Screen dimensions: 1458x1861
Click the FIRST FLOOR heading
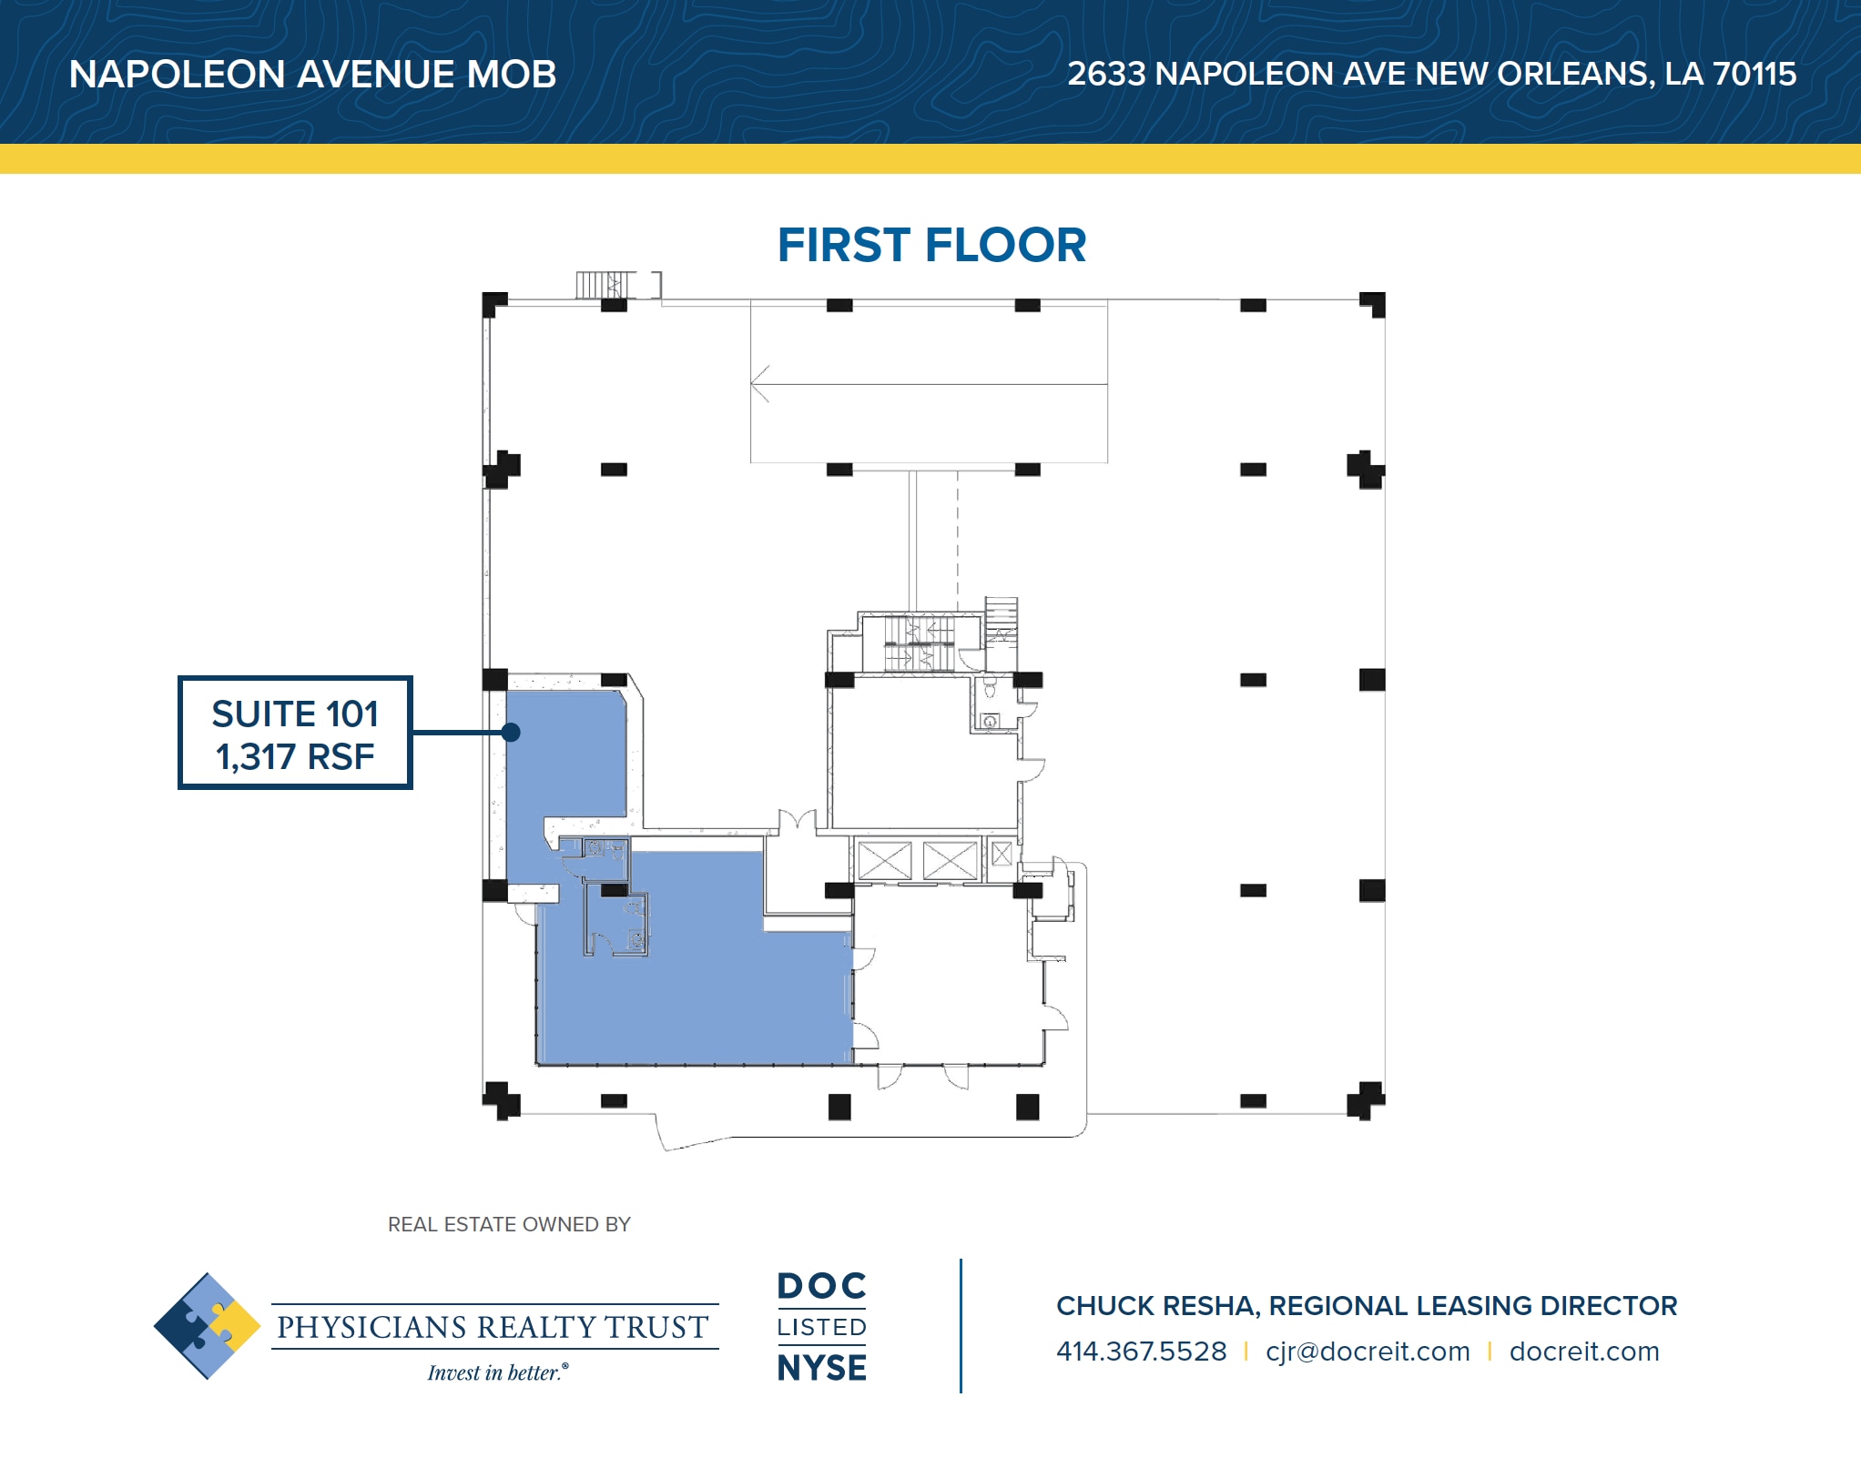click(930, 245)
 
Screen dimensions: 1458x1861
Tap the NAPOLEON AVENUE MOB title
click(312, 75)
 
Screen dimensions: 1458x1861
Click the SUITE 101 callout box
click(295, 733)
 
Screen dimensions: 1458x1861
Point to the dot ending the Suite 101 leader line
click(511, 732)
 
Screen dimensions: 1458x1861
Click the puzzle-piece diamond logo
click(208, 1325)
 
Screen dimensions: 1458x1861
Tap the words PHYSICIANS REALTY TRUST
click(493, 1327)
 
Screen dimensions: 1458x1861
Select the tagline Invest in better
click(497, 1372)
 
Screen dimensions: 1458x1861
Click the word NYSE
click(821, 1368)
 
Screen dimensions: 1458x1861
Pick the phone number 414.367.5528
click(1141, 1352)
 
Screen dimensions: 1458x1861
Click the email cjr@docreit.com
click(1368, 1352)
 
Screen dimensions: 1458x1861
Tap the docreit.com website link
click(1584, 1352)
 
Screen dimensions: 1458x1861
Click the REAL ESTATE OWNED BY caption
click(509, 1224)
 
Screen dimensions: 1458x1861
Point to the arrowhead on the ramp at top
click(759, 383)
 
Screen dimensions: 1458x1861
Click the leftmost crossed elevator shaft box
click(884, 861)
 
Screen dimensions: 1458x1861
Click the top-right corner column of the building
click(1373, 304)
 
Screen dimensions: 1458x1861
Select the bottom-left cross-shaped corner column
click(500, 1099)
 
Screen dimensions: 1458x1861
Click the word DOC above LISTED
click(821, 1286)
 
